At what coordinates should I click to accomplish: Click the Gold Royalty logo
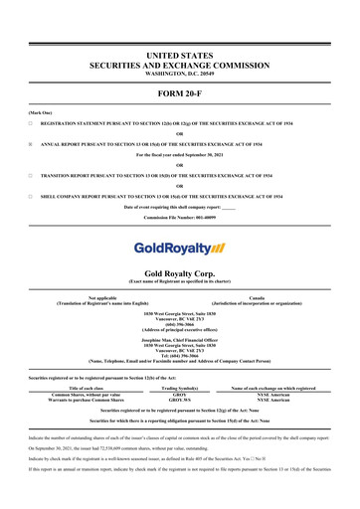179,247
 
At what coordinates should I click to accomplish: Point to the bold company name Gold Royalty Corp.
179,270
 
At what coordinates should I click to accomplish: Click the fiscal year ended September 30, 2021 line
179,157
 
